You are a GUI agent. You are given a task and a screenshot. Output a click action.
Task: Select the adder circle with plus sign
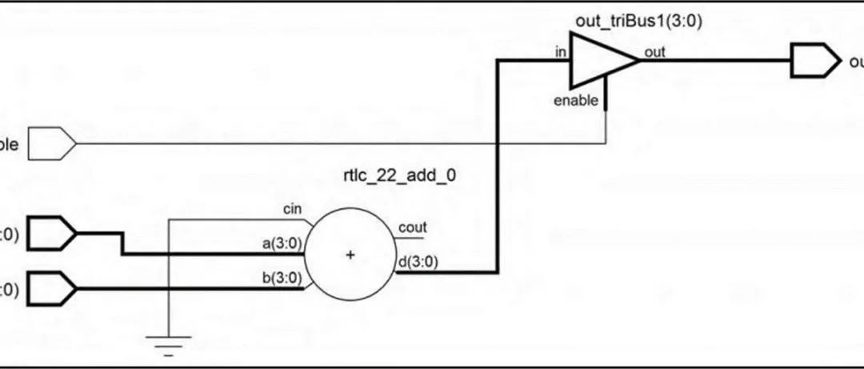pos(349,255)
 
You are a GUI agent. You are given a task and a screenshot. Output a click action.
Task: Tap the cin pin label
pos(293,210)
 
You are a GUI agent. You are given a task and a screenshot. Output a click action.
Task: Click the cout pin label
pos(413,227)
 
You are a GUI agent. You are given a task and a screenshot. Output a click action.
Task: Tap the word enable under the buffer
pos(575,100)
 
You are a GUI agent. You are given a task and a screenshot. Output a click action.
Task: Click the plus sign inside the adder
pos(349,255)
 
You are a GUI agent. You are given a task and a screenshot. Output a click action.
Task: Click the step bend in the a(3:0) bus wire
pos(122,244)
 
